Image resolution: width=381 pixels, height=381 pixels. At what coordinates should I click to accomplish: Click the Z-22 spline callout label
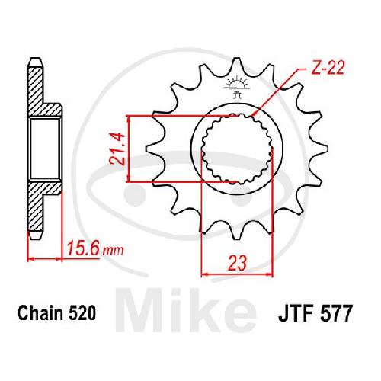pos(328,68)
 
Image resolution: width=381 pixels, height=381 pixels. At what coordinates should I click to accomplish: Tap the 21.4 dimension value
pos(117,149)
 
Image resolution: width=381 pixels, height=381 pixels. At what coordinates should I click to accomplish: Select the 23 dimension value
pos(237,263)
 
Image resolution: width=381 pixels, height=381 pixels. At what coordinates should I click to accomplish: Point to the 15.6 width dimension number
pos(82,248)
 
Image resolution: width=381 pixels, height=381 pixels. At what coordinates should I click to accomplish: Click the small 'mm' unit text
pos(113,251)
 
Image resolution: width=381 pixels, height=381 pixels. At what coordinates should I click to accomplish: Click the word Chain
pos(40,312)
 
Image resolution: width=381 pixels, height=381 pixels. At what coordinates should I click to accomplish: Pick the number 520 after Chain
pos(82,313)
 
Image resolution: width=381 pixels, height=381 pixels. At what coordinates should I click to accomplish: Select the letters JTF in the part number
pos(296,314)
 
